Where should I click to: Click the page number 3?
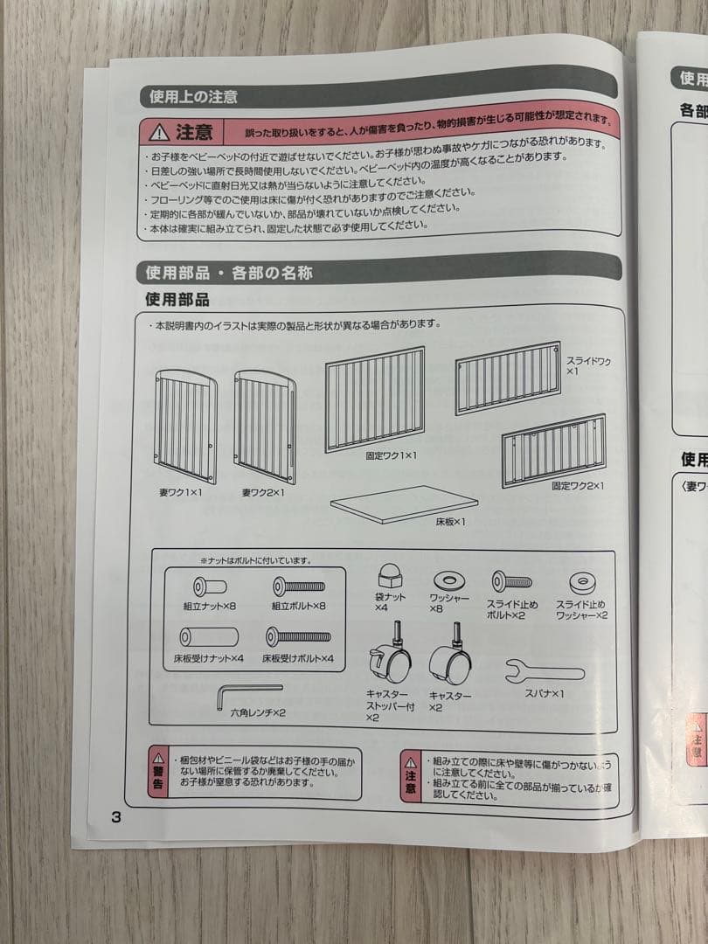point(115,817)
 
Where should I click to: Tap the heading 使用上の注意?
point(194,96)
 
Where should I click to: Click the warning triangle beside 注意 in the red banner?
point(158,132)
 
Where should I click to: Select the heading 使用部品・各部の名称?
point(229,273)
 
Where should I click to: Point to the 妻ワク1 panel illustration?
point(186,426)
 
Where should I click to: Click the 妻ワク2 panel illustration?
point(265,426)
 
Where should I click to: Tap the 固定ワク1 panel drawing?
point(375,399)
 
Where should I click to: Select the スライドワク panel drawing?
point(508,378)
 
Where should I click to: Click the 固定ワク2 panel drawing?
point(553,450)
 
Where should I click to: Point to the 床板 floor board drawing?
point(404,504)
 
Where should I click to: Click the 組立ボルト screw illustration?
point(298,587)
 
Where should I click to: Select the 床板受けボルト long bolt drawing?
point(298,636)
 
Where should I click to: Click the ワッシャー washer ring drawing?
point(448,580)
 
